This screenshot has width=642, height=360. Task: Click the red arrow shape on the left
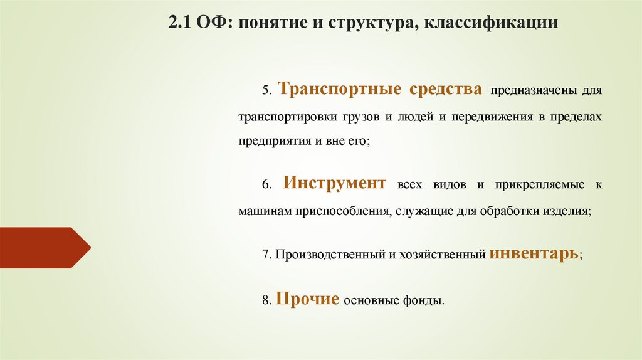tap(44, 248)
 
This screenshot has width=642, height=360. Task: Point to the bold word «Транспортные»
tap(340, 88)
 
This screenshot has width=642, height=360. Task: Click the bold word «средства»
tap(446, 88)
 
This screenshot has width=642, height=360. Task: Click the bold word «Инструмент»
tap(334, 183)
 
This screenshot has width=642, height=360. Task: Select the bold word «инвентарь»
tap(535, 253)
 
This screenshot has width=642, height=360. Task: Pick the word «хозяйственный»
tap(446, 255)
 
